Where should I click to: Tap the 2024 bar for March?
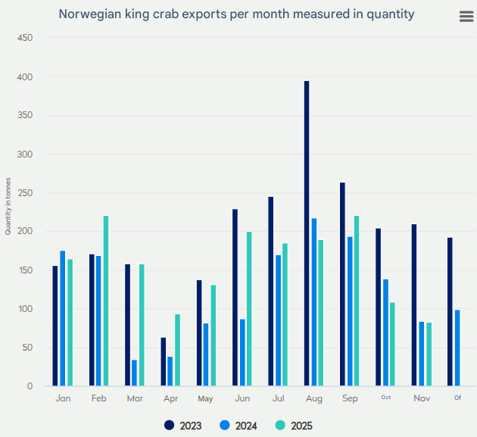tap(134, 373)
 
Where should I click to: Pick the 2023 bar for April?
tap(163, 362)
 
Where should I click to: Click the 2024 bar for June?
tap(242, 352)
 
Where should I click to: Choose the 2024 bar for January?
tap(63, 318)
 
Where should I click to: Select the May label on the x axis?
tap(205, 398)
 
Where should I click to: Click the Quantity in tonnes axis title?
tap(8, 202)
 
